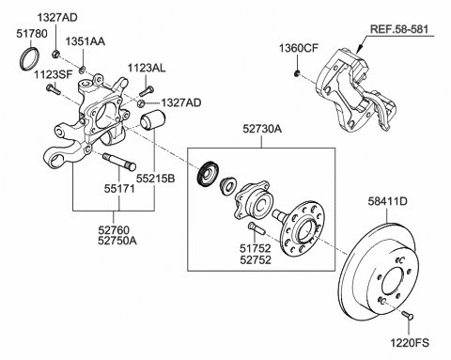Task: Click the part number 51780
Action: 32,34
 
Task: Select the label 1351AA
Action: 85,41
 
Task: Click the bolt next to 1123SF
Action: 54,89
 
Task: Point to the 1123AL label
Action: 147,68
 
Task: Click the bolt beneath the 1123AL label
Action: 146,91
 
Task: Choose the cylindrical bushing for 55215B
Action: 153,119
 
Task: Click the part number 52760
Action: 114,230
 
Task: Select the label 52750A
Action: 117,241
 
